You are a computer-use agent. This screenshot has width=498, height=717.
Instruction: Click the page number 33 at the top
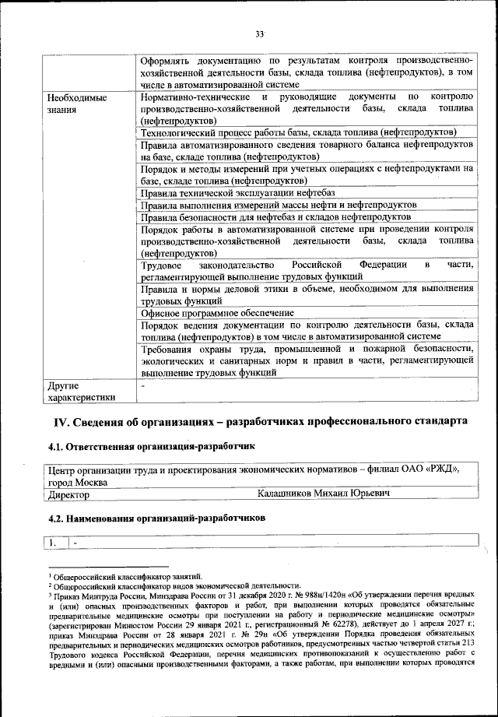[x=260, y=33]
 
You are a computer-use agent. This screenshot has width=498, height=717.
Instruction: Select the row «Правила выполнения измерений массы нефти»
[x=278, y=205]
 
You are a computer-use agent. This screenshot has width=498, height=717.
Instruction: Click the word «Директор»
[x=68, y=494]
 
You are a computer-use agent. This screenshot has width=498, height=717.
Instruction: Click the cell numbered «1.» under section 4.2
[x=55, y=541]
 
